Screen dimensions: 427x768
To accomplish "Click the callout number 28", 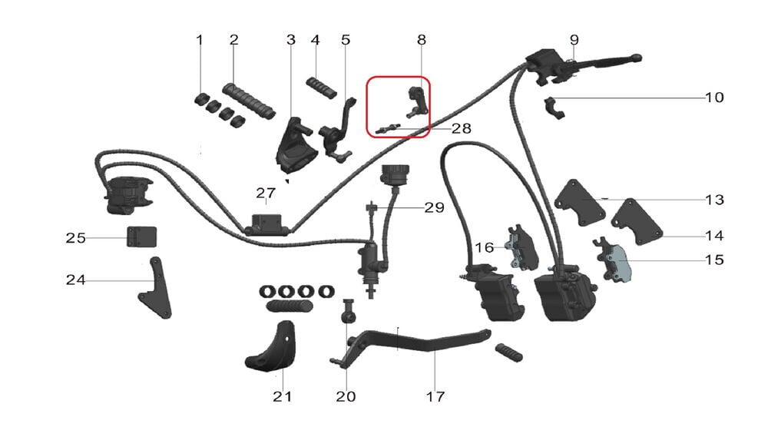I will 461,129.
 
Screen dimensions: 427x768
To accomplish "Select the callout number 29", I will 434,208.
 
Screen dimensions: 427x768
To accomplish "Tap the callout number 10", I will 714,98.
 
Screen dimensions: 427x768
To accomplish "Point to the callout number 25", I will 75,238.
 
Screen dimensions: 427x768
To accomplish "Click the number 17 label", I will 435,397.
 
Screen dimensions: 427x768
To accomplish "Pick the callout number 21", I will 282,397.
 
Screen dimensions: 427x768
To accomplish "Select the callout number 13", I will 714,200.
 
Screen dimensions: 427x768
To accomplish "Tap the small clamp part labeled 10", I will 554,108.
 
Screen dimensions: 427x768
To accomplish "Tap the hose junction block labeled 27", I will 266,223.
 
